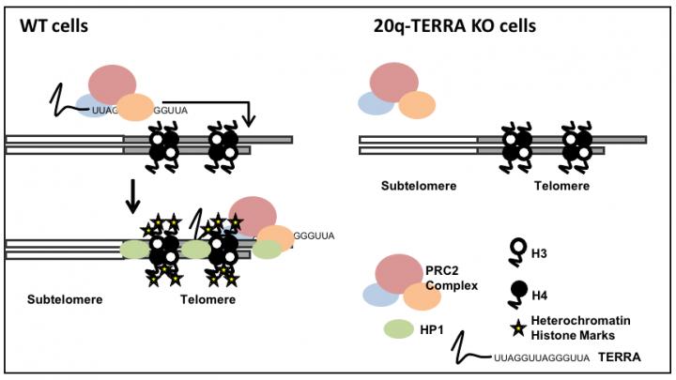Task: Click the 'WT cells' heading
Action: coord(54,26)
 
